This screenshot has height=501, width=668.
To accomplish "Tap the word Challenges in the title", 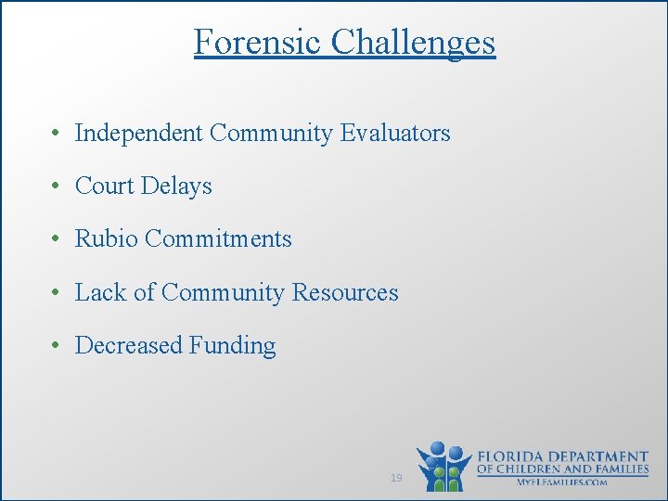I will click(413, 42).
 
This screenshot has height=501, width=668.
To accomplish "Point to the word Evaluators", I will click(394, 134).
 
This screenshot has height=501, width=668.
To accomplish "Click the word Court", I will click(104, 186).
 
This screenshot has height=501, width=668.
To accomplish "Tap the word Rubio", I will click(106, 239).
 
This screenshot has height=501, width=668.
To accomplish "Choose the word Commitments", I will click(218, 239).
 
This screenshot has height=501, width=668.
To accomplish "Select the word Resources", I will click(345, 293).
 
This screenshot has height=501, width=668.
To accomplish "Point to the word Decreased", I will click(129, 346).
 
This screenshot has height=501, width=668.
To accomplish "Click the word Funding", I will click(233, 346).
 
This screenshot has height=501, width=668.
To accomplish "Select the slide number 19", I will click(396, 478).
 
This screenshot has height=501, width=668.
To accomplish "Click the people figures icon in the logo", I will click(443, 467).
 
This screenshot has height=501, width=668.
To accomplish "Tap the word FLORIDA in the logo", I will click(513, 457).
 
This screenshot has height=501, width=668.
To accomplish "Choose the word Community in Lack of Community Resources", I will click(223, 293).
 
